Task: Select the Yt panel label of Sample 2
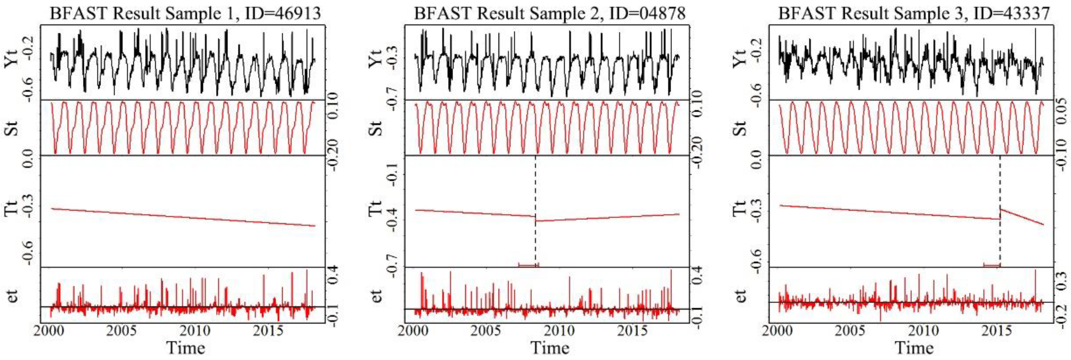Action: [376, 62]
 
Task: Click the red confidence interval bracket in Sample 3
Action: [992, 265]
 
